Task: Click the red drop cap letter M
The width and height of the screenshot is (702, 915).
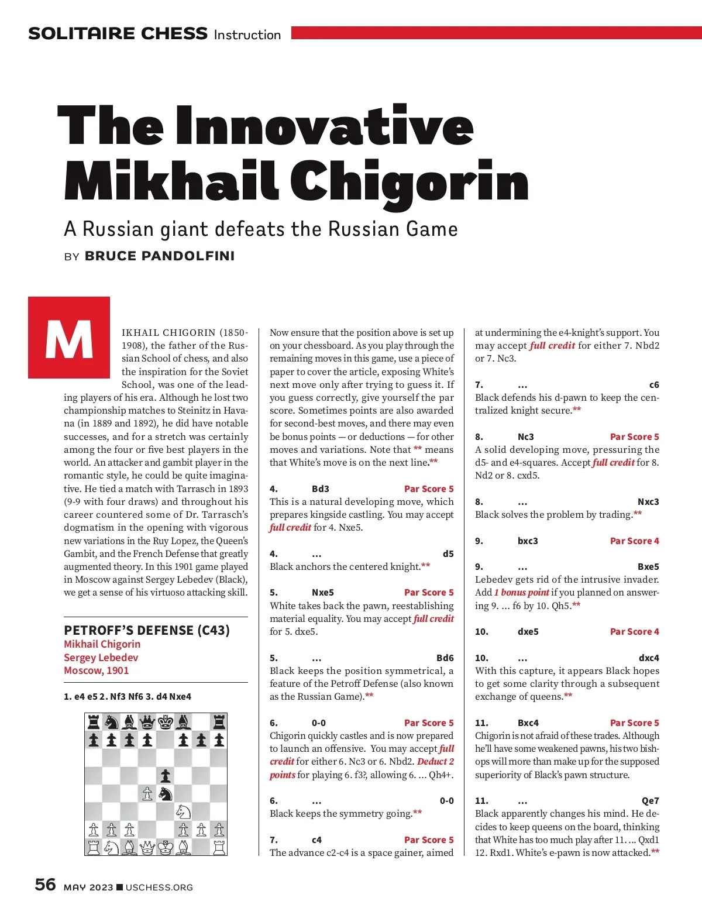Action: coord(69,338)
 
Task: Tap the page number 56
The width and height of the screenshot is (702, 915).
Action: coord(45,885)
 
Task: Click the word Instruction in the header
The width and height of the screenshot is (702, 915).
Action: coord(247,35)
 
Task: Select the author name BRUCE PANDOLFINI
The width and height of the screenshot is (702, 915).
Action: coord(160,256)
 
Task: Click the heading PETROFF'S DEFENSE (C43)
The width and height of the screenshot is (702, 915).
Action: coord(147,630)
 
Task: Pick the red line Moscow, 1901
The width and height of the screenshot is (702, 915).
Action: coord(96,670)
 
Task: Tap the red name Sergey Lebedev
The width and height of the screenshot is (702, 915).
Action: coord(101,657)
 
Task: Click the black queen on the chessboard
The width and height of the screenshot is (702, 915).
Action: coord(147,722)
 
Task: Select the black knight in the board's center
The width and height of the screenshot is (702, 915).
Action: coord(166,794)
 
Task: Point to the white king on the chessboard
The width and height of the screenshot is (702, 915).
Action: coord(166,847)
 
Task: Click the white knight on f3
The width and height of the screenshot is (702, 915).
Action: coord(183,811)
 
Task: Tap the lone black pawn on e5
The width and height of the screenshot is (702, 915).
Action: coord(166,776)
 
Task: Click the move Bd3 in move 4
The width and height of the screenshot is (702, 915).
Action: coord(321,489)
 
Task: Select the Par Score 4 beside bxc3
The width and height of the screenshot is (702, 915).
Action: coord(634,541)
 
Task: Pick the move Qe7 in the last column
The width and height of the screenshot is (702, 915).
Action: coord(650,801)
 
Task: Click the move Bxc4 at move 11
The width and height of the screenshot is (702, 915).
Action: coord(528,723)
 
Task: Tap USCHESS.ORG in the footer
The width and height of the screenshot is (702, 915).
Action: coord(159,888)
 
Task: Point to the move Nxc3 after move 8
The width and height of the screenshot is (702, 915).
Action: coord(648,502)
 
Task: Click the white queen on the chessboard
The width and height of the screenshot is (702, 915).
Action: coord(147,847)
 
